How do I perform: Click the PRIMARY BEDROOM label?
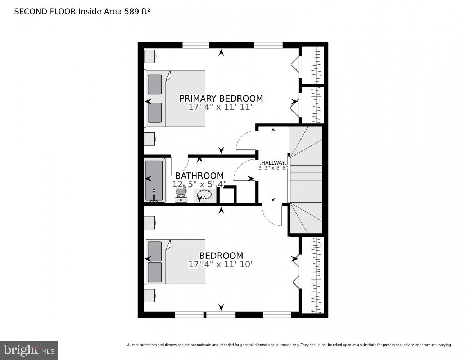221,98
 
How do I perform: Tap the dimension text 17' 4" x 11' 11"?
221,107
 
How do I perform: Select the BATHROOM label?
199,176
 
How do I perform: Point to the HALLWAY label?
273,163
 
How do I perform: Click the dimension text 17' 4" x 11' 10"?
221,264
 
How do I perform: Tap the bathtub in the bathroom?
154,180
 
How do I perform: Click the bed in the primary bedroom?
175,99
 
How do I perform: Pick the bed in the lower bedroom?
175,262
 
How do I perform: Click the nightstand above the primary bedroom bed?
150,56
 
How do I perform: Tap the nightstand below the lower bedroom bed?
150,295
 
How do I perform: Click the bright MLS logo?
29,350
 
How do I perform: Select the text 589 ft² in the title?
137,12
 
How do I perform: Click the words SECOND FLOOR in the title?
45,12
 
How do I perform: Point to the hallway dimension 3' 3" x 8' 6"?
273,168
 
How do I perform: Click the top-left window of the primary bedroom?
196,45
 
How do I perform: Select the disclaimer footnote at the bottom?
289,345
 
